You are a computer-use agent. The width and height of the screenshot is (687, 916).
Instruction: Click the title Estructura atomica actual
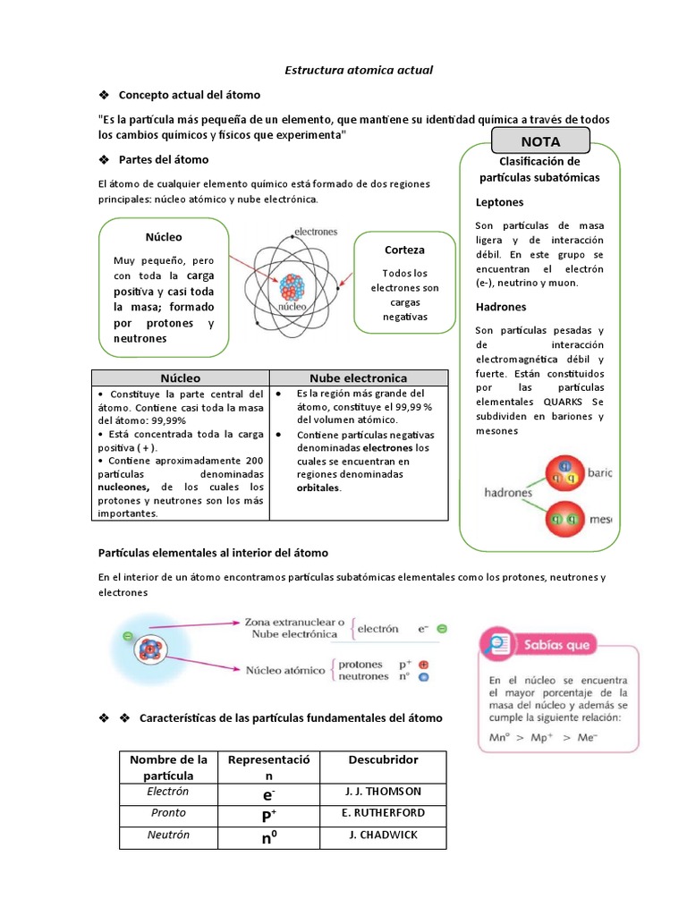(x=345, y=69)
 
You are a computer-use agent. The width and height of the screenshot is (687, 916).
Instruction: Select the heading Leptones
(x=499, y=202)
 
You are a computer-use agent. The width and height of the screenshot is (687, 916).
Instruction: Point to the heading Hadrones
(x=501, y=307)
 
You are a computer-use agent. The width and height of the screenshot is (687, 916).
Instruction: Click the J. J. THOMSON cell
(x=382, y=792)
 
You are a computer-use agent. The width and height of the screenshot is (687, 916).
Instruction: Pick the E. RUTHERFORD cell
(x=383, y=813)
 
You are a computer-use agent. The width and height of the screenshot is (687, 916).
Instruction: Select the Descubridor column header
(x=382, y=759)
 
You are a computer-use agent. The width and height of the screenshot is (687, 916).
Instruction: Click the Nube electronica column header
(x=358, y=378)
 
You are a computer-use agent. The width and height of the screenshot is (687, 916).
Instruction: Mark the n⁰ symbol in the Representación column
(x=268, y=837)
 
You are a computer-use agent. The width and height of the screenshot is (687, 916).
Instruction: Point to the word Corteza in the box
(x=404, y=250)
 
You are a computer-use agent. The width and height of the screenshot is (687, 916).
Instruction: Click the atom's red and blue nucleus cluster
(x=293, y=286)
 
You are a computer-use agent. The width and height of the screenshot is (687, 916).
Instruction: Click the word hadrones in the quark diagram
(x=508, y=492)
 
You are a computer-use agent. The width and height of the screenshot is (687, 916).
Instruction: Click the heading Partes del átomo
(x=164, y=159)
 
